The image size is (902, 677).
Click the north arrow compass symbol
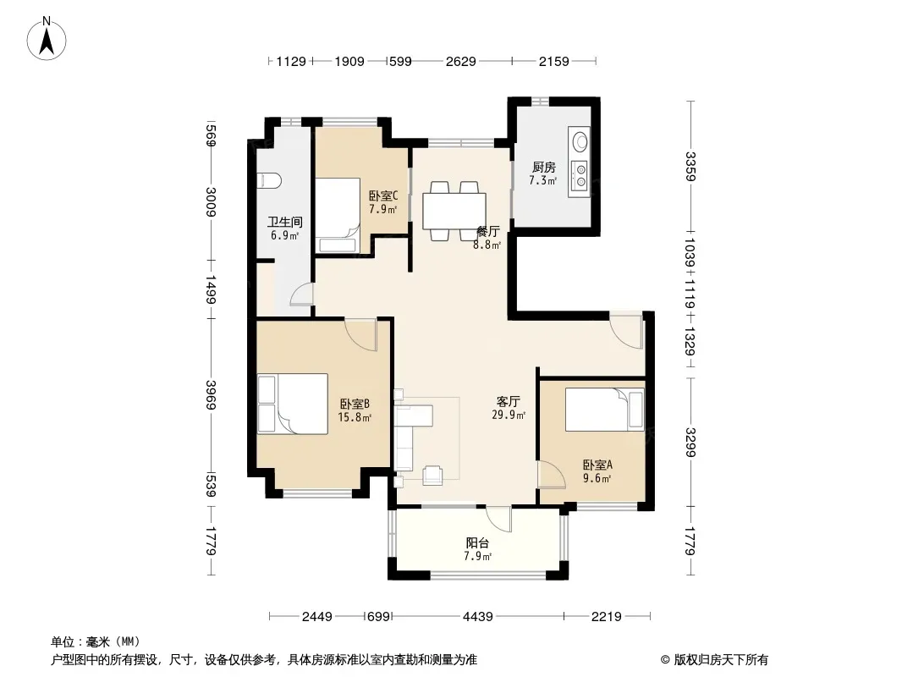coord(47,39)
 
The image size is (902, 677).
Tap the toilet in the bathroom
coord(268,180)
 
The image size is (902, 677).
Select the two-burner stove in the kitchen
coord(580,175)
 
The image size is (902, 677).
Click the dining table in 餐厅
coord(454,211)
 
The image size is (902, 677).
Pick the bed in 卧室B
coord(292,404)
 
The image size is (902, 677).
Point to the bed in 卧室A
coord(605,410)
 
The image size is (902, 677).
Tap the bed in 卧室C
coord(338,215)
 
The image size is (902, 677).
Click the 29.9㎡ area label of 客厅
coord(509,415)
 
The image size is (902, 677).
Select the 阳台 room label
coord(477,542)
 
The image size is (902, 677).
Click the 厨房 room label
coord(543,168)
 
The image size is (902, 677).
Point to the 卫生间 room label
coord(285,222)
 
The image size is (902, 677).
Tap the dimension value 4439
coord(477,617)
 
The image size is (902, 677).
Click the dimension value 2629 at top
coord(461,61)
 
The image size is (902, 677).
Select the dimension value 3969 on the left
coord(212,395)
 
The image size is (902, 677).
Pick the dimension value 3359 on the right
coord(690,166)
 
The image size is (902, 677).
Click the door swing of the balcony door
coord(498,519)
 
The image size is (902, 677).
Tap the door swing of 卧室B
coord(360,334)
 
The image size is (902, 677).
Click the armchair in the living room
coord(433,475)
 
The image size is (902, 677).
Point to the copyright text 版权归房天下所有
coord(721,660)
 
